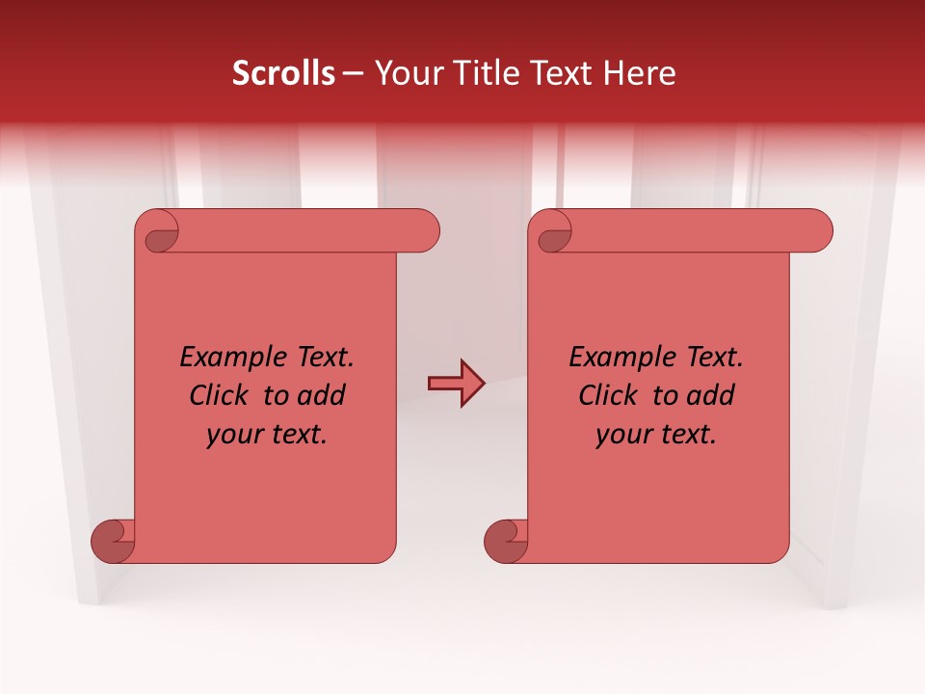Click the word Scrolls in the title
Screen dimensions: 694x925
283,73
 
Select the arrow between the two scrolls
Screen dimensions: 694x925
456,384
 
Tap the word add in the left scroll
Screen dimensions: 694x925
322,395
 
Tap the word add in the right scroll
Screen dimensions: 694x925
711,395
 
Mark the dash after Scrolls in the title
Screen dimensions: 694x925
354,73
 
